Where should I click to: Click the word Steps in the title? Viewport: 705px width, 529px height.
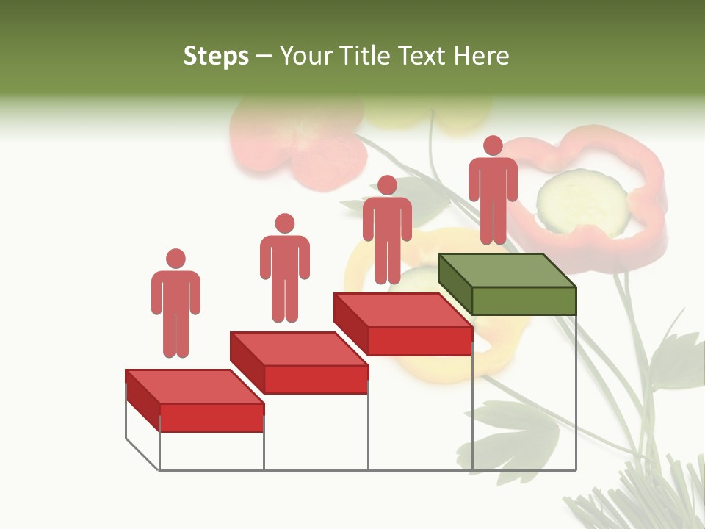pyautogui.click(x=216, y=56)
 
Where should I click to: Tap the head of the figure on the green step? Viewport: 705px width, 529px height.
pyautogui.click(x=493, y=145)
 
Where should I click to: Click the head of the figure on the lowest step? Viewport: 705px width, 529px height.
pyautogui.click(x=176, y=259)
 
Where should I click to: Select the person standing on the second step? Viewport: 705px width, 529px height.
pyautogui.click(x=284, y=268)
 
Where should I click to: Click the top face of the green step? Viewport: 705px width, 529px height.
pyautogui.click(x=507, y=270)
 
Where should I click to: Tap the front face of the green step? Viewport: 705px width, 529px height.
pyautogui.click(x=524, y=301)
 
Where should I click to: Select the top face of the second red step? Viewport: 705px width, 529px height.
pyautogui.click(x=298, y=348)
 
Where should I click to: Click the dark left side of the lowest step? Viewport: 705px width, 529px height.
pyautogui.click(x=142, y=400)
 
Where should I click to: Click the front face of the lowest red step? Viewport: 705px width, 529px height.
pyautogui.click(x=211, y=417)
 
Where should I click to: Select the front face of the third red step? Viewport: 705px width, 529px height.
pyautogui.click(x=419, y=341)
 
